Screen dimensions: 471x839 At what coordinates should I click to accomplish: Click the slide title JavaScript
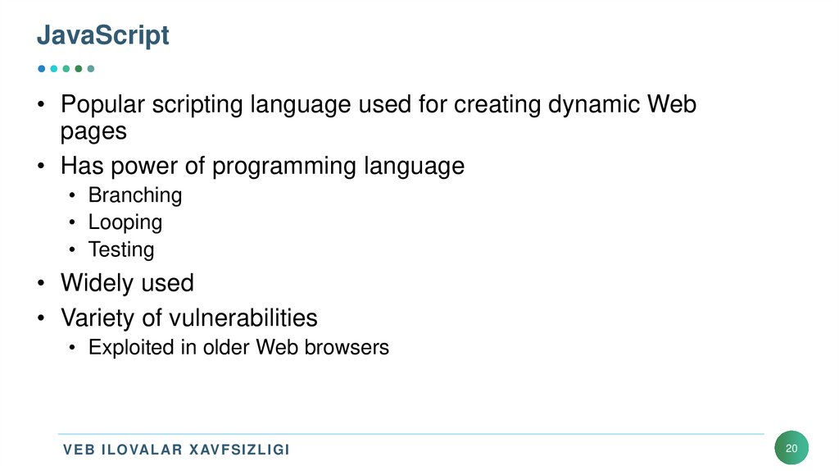pos(103,35)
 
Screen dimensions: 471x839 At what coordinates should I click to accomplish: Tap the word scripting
pos(202,105)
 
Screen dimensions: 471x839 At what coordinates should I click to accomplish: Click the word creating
pos(498,105)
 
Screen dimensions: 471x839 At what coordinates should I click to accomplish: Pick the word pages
pos(93,131)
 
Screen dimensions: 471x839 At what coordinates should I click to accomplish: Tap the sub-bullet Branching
pos(135,195)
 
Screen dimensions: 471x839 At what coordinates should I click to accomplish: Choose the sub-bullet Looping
pos(125,222)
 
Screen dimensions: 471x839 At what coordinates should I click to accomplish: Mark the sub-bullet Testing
pos(121,249)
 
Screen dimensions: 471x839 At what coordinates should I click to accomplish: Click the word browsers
pos(347,347)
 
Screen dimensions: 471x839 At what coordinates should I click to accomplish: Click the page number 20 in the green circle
pos(791,449)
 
